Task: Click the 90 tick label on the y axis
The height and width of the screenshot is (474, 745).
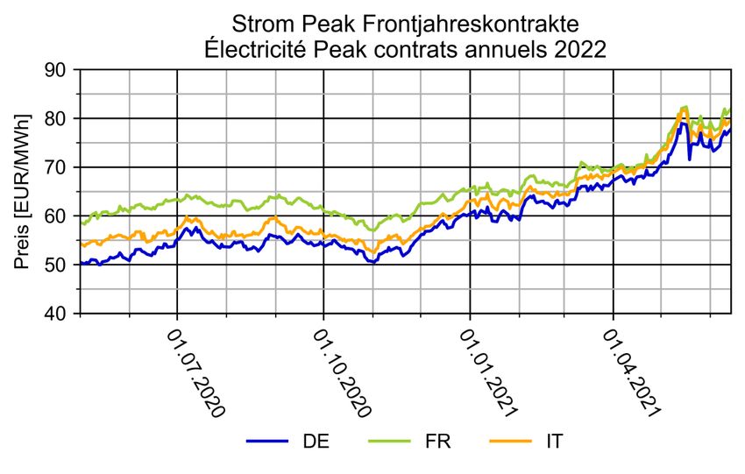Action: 60,69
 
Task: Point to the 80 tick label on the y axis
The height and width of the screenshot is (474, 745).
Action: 60,118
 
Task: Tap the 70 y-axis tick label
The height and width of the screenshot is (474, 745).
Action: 60,167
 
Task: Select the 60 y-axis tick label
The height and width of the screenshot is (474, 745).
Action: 60,216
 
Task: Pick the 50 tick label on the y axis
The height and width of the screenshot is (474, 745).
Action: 60,265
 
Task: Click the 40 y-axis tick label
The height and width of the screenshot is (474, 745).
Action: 60,314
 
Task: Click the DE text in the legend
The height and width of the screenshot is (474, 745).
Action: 316,442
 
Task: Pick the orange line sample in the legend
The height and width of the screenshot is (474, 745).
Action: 509,442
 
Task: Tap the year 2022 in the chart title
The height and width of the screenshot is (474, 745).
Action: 576,49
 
